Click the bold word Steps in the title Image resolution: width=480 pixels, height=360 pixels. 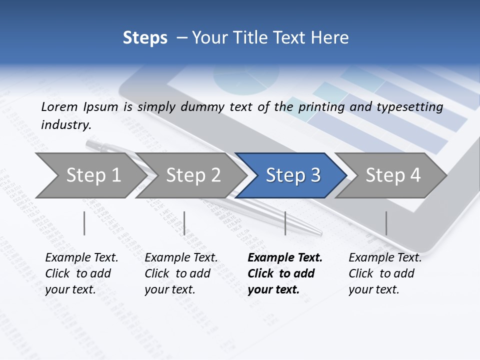click(x=145, y=38)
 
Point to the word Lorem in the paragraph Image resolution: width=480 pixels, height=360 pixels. click(x=59, y=106)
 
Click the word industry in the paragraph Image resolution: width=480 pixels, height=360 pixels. click(x=65, y=125)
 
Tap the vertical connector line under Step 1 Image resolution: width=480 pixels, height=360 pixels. click(x=84, y=223)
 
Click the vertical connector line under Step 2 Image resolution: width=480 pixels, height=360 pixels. click(x=184, y=223)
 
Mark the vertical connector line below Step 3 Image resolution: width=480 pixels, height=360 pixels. click(x=285, y=223)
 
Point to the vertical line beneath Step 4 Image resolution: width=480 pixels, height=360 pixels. click(x=386, y=223)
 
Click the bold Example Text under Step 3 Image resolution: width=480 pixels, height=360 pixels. click(x=285, y=258)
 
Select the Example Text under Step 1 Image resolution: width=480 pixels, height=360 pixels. click(x=81, y=258)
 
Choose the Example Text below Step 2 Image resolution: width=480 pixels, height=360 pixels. click(x=181, y=258)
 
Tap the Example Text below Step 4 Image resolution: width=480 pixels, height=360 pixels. click(x=385, y=258)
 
